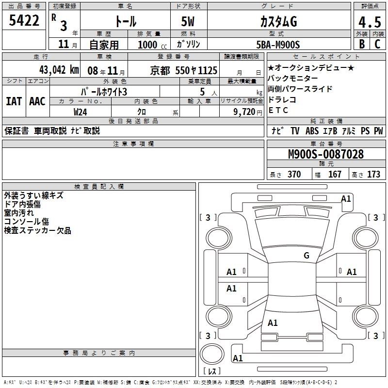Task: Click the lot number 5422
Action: coord(24,20)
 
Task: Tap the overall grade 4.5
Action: coord(370,22)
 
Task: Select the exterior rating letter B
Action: coord(362,44)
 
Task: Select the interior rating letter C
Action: coord(377,44)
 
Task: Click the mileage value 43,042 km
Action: coord(59,70)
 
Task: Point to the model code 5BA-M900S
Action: coord(278,45)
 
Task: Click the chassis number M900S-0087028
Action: coord(326,154)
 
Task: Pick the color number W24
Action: coord(80,112)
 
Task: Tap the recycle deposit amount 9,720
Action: coord(244,112)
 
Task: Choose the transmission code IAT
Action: coord(14,101)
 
